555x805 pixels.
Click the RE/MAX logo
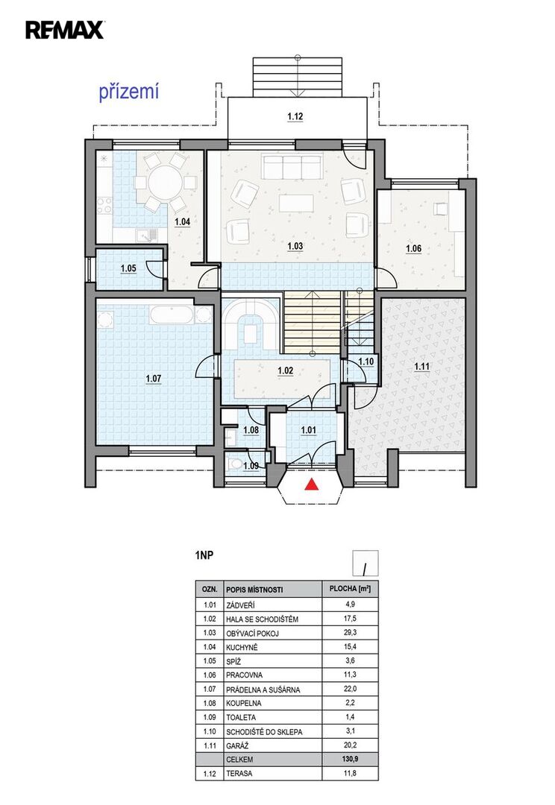(65, 29)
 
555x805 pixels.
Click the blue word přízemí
(128, 92)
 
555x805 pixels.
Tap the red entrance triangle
(311, 484)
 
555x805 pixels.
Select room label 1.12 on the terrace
(295, 116)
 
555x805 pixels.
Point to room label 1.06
(413, 249)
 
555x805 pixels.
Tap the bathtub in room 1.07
(171, 315)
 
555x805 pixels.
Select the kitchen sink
(147, 235)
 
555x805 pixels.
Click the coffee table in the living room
(296, 202)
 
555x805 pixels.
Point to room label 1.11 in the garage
(422, 367)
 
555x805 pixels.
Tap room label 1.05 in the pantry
(128, 268)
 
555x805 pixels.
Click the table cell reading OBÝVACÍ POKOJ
(252, 634)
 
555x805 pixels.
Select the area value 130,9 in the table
(350, 760)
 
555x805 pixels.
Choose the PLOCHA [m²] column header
(350, 589)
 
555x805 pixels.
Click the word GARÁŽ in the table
(237, 746)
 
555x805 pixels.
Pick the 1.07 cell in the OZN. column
(210, 689)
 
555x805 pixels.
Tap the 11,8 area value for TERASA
(350, 773)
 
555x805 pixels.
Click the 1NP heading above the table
(204, 555)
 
